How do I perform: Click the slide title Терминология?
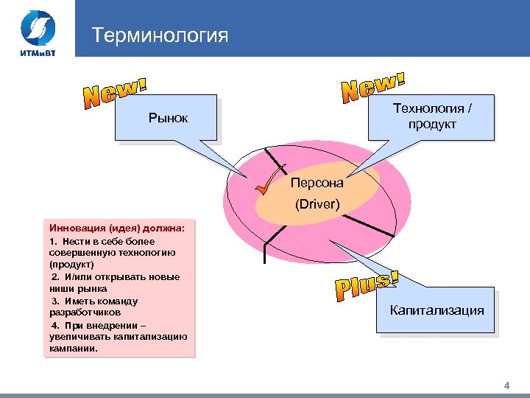pos(160,35)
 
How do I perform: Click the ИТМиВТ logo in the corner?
pos(36,32)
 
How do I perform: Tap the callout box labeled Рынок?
pos(168,118)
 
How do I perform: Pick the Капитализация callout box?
pos(437,310)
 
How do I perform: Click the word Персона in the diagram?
pos(317,181)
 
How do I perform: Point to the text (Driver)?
pos(317,203)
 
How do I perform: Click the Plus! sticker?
pos(366,288)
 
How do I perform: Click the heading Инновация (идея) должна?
pos(117,228)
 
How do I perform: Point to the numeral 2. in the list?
pos(56,276)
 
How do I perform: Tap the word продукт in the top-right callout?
pos(433,124)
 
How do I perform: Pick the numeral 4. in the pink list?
pos(55,325)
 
